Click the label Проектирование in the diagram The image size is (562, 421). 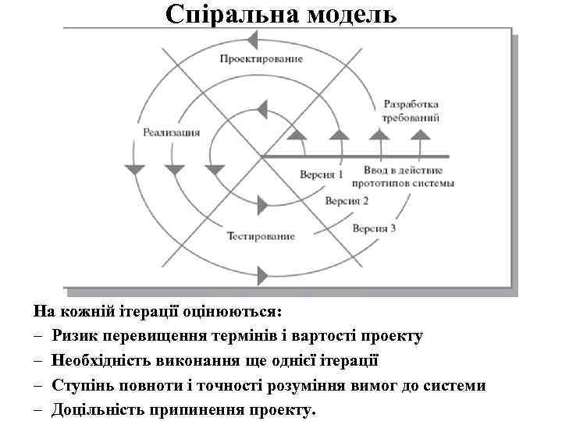click(260, 59)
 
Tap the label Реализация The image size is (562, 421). click(171, 132)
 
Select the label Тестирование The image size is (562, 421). click(261, 235)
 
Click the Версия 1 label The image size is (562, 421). click(322, 174)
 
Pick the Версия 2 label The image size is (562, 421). click(347, 200)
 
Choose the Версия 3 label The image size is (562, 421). click(374, 228)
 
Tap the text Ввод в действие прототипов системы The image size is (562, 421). click(403, 176)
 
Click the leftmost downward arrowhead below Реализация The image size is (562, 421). click(134, 168)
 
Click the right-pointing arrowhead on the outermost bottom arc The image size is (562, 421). click(263, 273)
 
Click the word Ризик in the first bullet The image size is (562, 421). click(76, 336)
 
